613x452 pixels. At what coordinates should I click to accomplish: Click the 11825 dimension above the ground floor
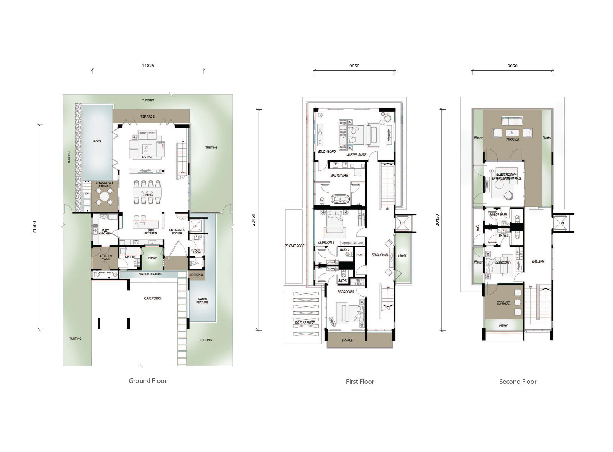148,66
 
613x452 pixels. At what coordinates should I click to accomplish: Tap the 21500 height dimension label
35,227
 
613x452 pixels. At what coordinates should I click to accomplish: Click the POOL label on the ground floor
98,141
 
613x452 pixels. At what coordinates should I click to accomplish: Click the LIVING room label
147,157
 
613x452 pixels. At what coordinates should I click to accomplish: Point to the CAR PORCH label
154,298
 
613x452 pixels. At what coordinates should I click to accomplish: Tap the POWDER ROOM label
196,251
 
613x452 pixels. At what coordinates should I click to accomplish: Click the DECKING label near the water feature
196,275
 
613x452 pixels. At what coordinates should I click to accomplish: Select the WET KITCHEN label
105,232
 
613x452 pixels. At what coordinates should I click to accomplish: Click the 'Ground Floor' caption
148,381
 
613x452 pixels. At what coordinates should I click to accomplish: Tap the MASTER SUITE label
356,155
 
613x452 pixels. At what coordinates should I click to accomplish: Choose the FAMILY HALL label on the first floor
380,255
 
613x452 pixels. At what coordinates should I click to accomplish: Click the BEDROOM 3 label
346,292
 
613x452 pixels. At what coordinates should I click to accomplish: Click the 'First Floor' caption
360,382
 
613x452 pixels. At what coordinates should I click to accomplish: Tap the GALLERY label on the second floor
538,262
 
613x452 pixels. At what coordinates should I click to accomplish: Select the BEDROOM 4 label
503,263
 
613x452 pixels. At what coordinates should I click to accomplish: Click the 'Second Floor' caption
518,382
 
